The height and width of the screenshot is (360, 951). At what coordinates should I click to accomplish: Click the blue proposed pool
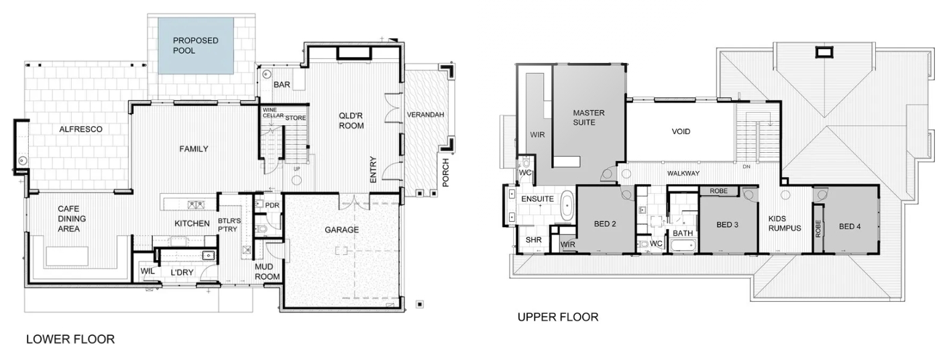[196, 46]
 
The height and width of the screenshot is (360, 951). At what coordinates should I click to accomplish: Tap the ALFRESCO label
[80, 129]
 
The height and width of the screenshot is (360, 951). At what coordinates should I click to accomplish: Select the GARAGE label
[342, 230]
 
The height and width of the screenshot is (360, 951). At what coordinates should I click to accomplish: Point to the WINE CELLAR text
[273, 113]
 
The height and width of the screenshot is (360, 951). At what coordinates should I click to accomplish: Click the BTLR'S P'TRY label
[229, 225]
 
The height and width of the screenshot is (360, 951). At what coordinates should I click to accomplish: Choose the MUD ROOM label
[267, 272]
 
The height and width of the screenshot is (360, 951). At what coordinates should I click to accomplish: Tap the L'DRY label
[182, 273]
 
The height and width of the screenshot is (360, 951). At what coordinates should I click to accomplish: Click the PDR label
[272, 205]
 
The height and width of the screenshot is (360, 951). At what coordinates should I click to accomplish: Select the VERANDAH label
[425, 115]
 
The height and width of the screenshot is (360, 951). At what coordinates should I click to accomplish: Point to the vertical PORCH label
[445, 173]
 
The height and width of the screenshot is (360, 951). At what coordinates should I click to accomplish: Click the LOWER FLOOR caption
[70, 339]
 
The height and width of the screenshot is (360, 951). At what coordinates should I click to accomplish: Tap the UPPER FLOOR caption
[558, 317]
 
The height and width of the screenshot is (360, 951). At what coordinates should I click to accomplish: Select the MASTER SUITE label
[588, 117]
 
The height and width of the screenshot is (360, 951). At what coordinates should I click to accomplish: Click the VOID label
[681, 131]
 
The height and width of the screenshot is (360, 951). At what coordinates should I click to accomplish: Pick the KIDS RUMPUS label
[785, 223]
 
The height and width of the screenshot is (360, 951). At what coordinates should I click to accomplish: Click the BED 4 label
[850, 227]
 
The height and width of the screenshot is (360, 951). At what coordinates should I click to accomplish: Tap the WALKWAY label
[683, 173]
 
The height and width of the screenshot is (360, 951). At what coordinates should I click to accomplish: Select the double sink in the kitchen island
[196, 205]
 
